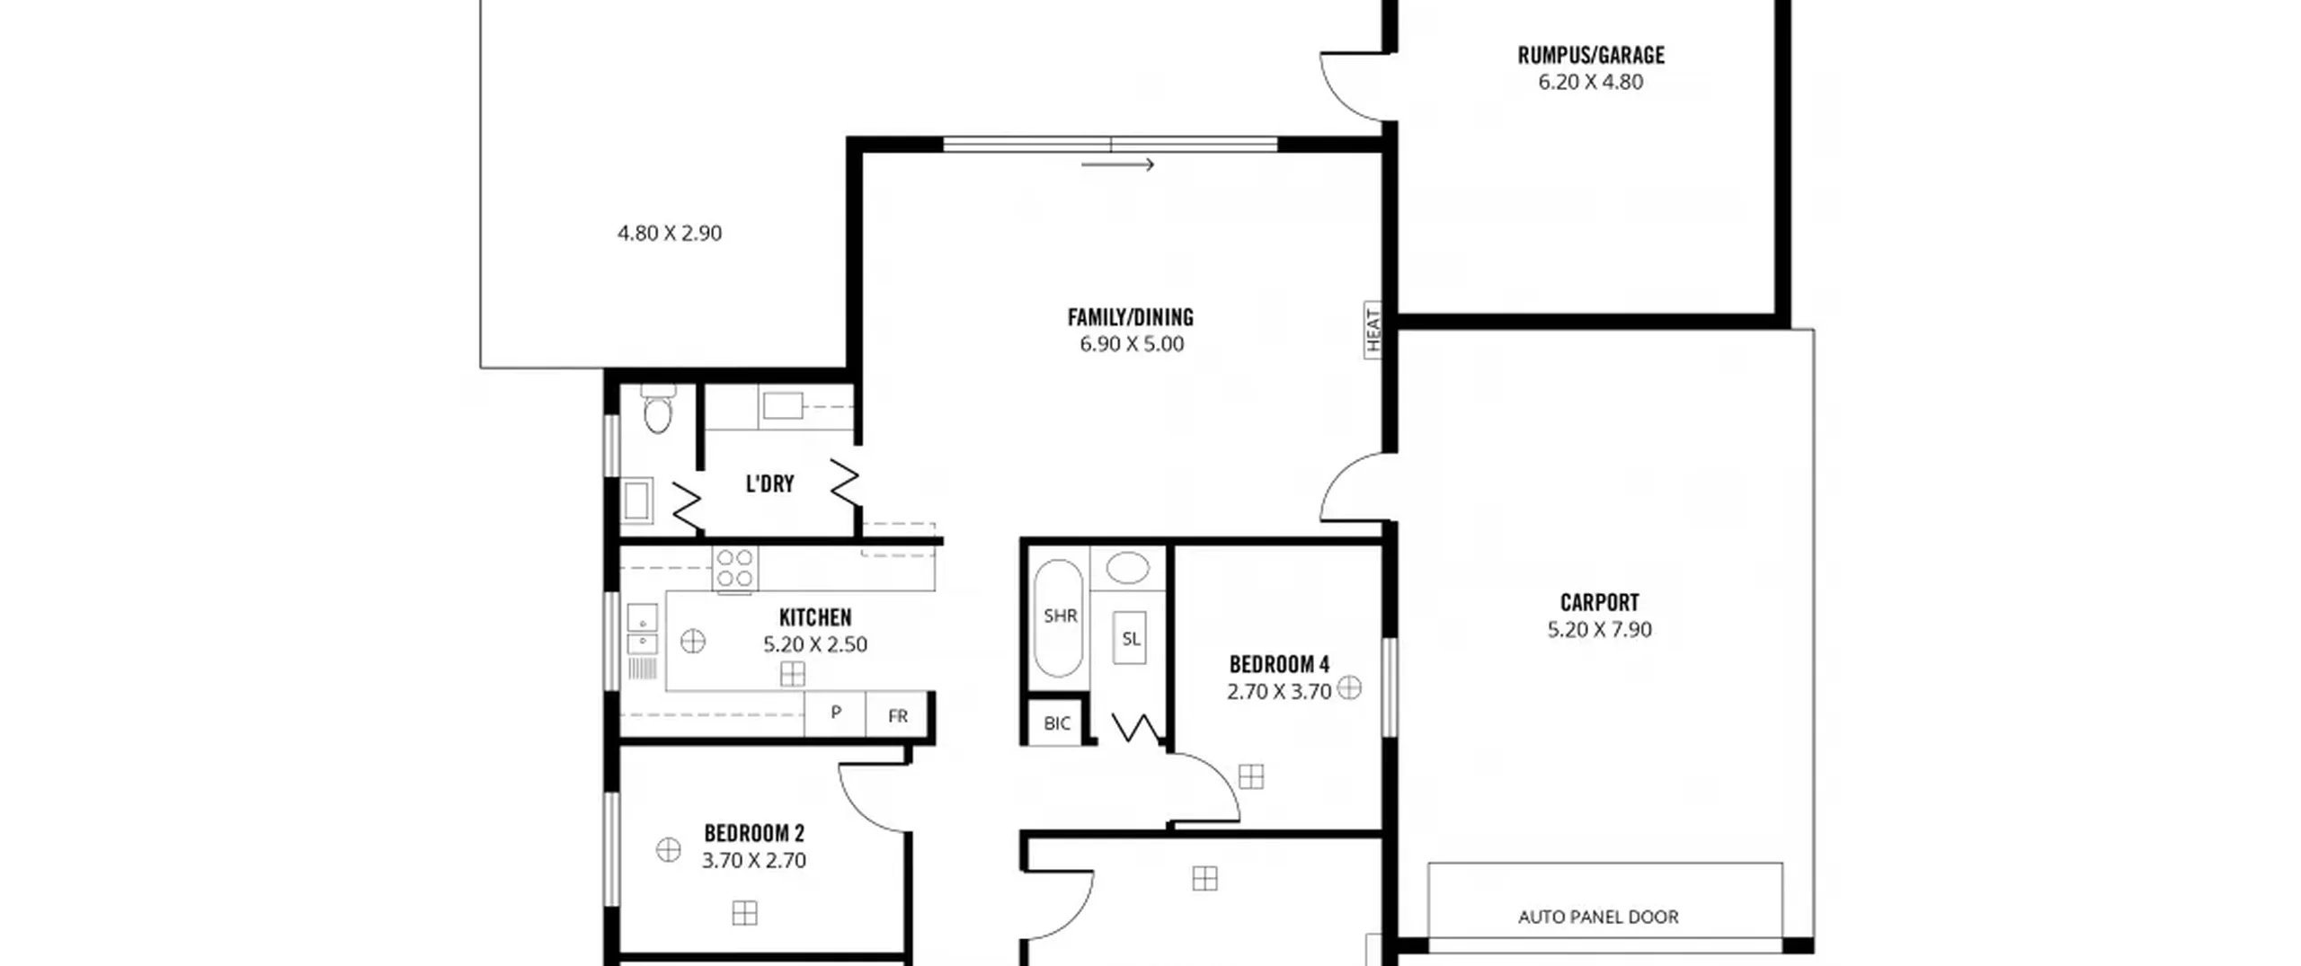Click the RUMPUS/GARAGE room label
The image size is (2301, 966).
coord(1590,56)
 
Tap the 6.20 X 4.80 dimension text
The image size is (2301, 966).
coord(1590,83)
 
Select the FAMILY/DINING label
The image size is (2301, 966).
coord(1131,317)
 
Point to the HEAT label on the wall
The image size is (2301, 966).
coord(1373,330)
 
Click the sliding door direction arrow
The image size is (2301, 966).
coord(1117,164)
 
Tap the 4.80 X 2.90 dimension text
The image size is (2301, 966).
coord(669,234)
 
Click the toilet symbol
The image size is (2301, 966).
coord(658,409)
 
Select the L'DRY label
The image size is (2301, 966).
coord(770,484)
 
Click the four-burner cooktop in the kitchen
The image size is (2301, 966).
coord(734,569)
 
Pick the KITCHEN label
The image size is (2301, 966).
coord(815,618)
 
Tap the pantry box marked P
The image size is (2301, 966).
coord(835,714)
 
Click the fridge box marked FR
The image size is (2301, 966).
coord(897,714)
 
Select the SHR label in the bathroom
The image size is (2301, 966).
coord(1061,616)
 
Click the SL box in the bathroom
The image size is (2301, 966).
coord(1130,638)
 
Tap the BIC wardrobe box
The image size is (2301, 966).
coord(1057,723)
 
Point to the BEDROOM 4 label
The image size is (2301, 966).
coord(1279,665)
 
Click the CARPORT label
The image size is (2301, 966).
coord(1599,603)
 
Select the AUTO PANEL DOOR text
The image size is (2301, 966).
coord(1598,917)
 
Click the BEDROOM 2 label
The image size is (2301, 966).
coord(754,834)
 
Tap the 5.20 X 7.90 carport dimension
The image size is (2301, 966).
coord(1599,630)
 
